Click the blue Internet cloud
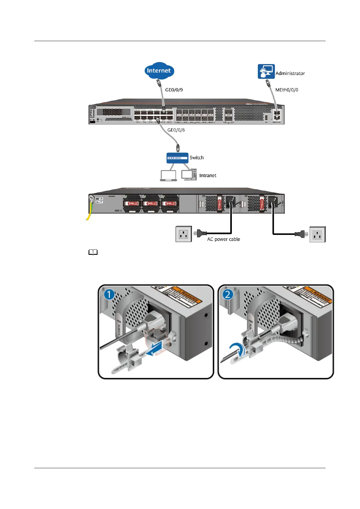(x=159, y=70)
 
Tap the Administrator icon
(x=266, y=71)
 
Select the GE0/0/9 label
(x=174, y=90)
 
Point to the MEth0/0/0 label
(x=287, y=90)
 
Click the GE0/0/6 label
(x=176, y=130)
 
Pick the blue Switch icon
(x=177, y=158)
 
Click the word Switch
(x=196, y=157)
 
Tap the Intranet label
(x=208, y=175)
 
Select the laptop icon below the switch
(x=168, y=176)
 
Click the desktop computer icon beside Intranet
(x=189, y=175)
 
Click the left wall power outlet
(x=184, y=234)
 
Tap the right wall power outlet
(x=317, y=234)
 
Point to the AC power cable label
(x=223, y=239)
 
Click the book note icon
(x=93, y=252)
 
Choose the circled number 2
(x=228, y=294)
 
